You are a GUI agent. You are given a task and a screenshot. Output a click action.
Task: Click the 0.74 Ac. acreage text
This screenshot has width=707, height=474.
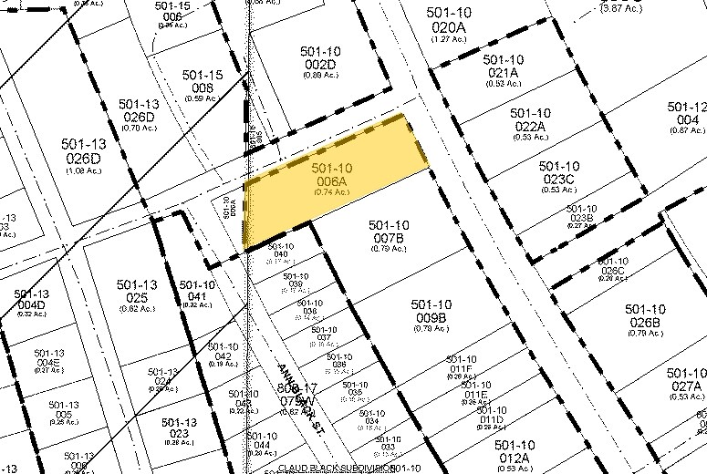[x=331, y=193]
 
